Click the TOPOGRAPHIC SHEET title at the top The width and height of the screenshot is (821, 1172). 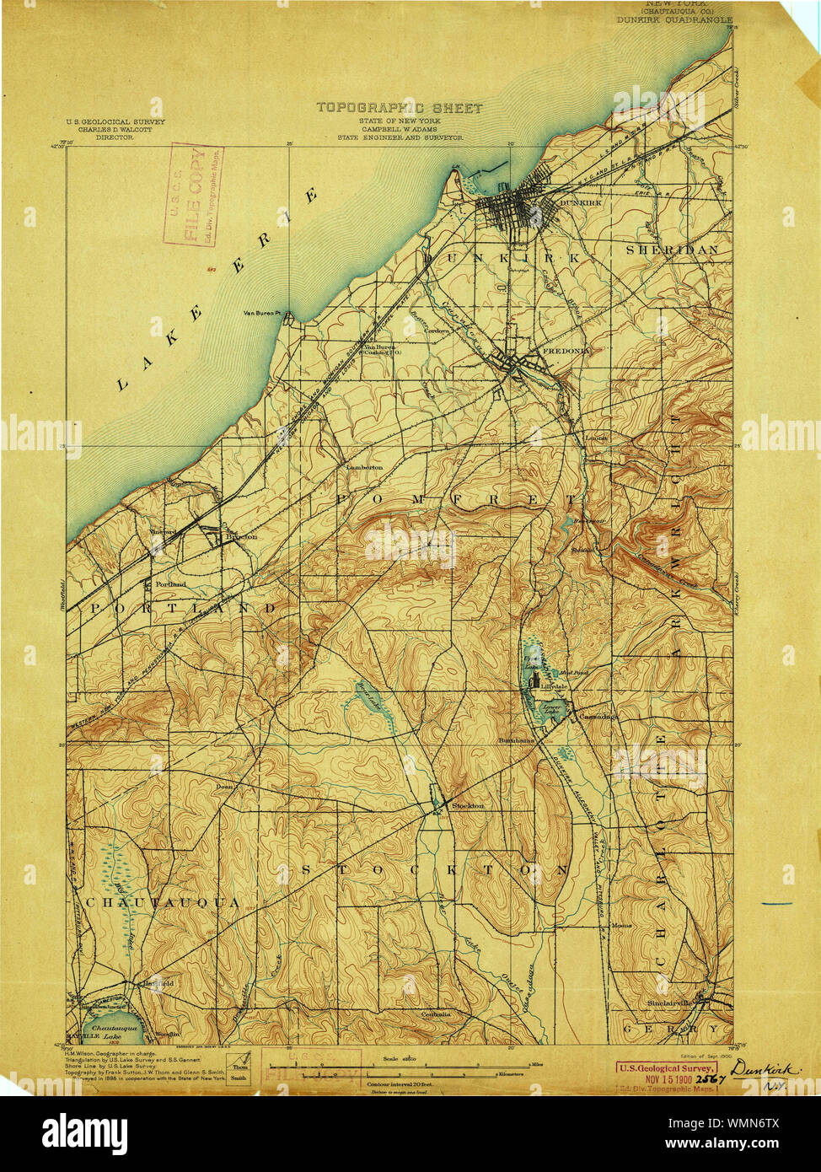coord(400,108)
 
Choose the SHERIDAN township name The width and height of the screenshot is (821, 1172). coord(672,250)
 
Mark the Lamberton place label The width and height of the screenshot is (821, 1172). coord(364,466)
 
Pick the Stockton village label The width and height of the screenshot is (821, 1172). coord(468,805)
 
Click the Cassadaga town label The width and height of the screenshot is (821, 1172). coord(598,717)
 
